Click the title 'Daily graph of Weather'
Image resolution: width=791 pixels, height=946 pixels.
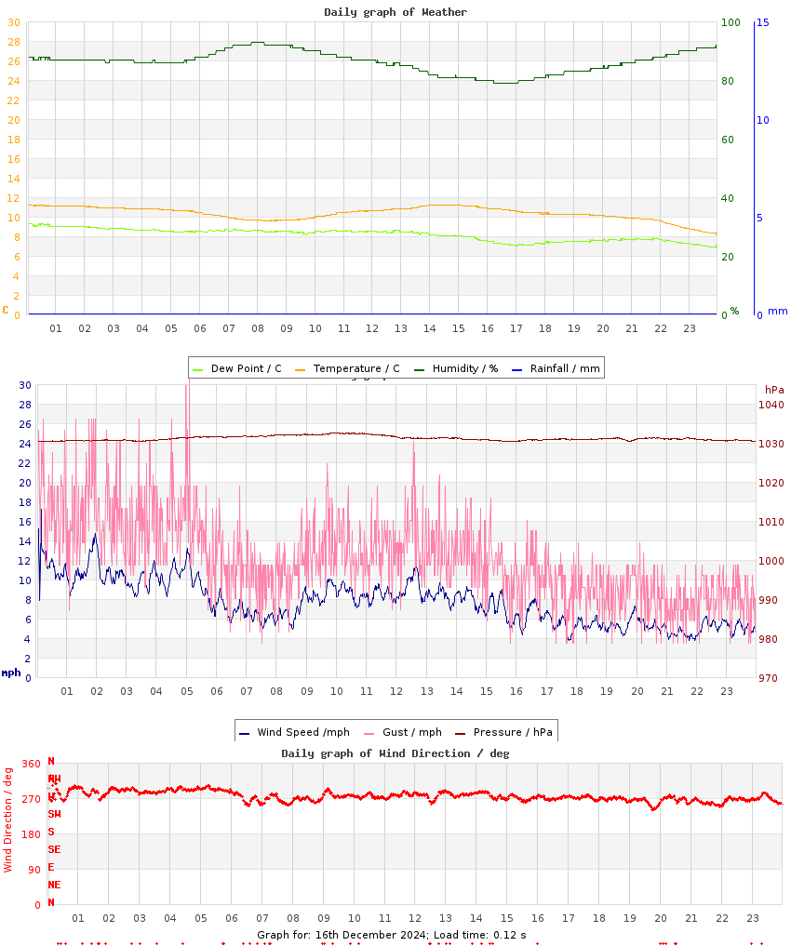click(395, 12)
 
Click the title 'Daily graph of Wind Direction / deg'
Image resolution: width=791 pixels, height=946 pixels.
click(395, 753)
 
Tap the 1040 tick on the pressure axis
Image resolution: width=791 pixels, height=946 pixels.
click(771, 405)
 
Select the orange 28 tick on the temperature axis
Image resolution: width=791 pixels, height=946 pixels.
click(13, 42)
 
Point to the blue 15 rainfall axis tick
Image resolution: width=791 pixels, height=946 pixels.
click(763, 22)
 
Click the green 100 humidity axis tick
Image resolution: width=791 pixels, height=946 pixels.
click(731, 22)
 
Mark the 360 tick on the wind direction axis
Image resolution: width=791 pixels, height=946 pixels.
click(32, 764)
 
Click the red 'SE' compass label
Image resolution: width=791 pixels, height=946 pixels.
click(55, 849)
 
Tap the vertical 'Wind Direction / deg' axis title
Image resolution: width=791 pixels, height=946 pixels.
click(8, 819)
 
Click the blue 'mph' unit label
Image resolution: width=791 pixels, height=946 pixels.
click(10, 673)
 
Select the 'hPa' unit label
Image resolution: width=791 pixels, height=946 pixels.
click(774, 389)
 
